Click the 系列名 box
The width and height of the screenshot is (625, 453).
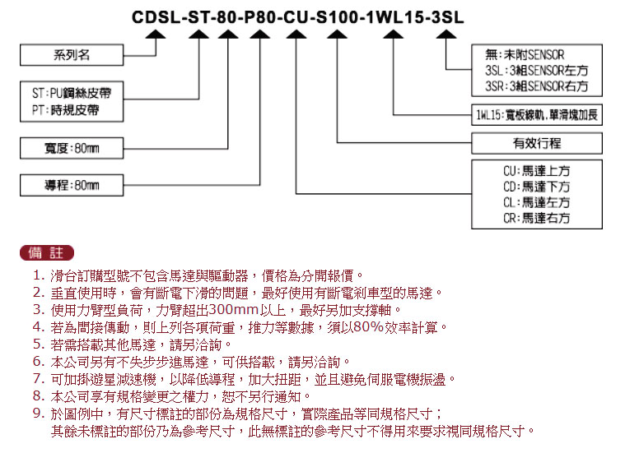pyautogui.click(x=72, y=55)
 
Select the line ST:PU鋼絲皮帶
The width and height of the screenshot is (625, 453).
pyautogui.click(x=72, y=93)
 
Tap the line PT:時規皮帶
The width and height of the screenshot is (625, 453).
pyautogui.click(x=66, y=110)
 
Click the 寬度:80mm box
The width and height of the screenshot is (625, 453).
pyautogui.click(x=72, y=148)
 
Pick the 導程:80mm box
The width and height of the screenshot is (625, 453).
pyautogui.click(x=72, y=185)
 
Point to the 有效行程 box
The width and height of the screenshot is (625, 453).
pyautogui.click(x=537, y=143)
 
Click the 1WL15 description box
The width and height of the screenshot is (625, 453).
pyautogui.click(x=537, y=115)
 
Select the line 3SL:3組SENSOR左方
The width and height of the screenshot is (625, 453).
pyautogui.click(x=537, y=71)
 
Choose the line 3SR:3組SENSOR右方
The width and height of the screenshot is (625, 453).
pyautogui.click(x=537, y=86)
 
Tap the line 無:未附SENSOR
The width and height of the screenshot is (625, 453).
pyautogui.click(x=525, y=54)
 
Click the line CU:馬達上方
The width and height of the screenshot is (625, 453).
pyautogui.click(x=537, y=171)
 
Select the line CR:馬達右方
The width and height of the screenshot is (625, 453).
pyautogui.click(x=537, y=218)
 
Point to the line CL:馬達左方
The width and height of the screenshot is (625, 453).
pyautogui.click(x=537, y=202)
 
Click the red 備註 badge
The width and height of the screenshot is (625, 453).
pyautogui.click(x=47, y=252)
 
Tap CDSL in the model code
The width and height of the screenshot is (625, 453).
pyautogui.click(x=156, y=17)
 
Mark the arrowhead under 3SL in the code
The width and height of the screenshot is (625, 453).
pyautogui.click(x=446, y=35)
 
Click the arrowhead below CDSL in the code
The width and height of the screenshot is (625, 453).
pyautogui.click(x=156, y=35)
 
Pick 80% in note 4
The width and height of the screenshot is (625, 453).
pyautogui.click(x=368, y=327)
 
